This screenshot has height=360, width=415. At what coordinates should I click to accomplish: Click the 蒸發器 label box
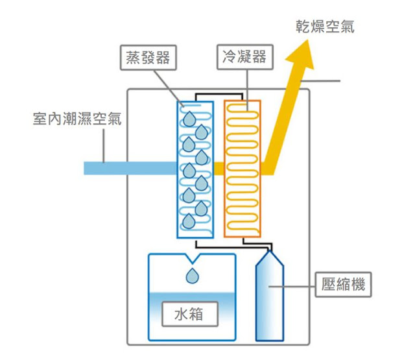click(148, 58)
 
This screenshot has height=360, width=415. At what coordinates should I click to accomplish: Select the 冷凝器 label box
click(245, 57)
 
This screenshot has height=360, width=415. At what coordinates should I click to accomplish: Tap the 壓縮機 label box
click(343, 284)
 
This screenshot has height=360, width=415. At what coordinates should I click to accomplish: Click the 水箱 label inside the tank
click(190, 314)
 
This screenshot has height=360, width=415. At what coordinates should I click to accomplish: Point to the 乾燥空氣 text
click(325, 27)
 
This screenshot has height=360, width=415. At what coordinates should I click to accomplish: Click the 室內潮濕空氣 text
click(77, 119)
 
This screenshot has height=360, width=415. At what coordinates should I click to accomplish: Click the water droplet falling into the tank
click(193, 276)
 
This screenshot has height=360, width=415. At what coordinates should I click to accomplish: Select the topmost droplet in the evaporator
click(189, 119)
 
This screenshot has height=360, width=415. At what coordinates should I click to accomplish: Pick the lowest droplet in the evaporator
click(189, 221)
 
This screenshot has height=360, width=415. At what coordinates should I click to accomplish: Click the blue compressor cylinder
click(270, 296)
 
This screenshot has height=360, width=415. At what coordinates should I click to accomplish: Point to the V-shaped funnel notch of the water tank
click(193, 259)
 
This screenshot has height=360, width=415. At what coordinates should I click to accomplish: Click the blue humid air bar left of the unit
click(130, 168)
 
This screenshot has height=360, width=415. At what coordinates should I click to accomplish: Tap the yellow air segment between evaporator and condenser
click(219, 169)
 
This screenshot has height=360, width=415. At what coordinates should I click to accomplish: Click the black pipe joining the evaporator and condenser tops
click(219, 94)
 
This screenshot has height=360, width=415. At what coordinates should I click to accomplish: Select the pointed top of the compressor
click(270, 251)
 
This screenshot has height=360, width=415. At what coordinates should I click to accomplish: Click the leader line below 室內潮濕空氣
click(104, 145)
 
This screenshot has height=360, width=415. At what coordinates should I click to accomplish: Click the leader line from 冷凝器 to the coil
click(247, 90)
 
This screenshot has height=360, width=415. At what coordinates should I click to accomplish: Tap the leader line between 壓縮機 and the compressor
click(292, 287)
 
